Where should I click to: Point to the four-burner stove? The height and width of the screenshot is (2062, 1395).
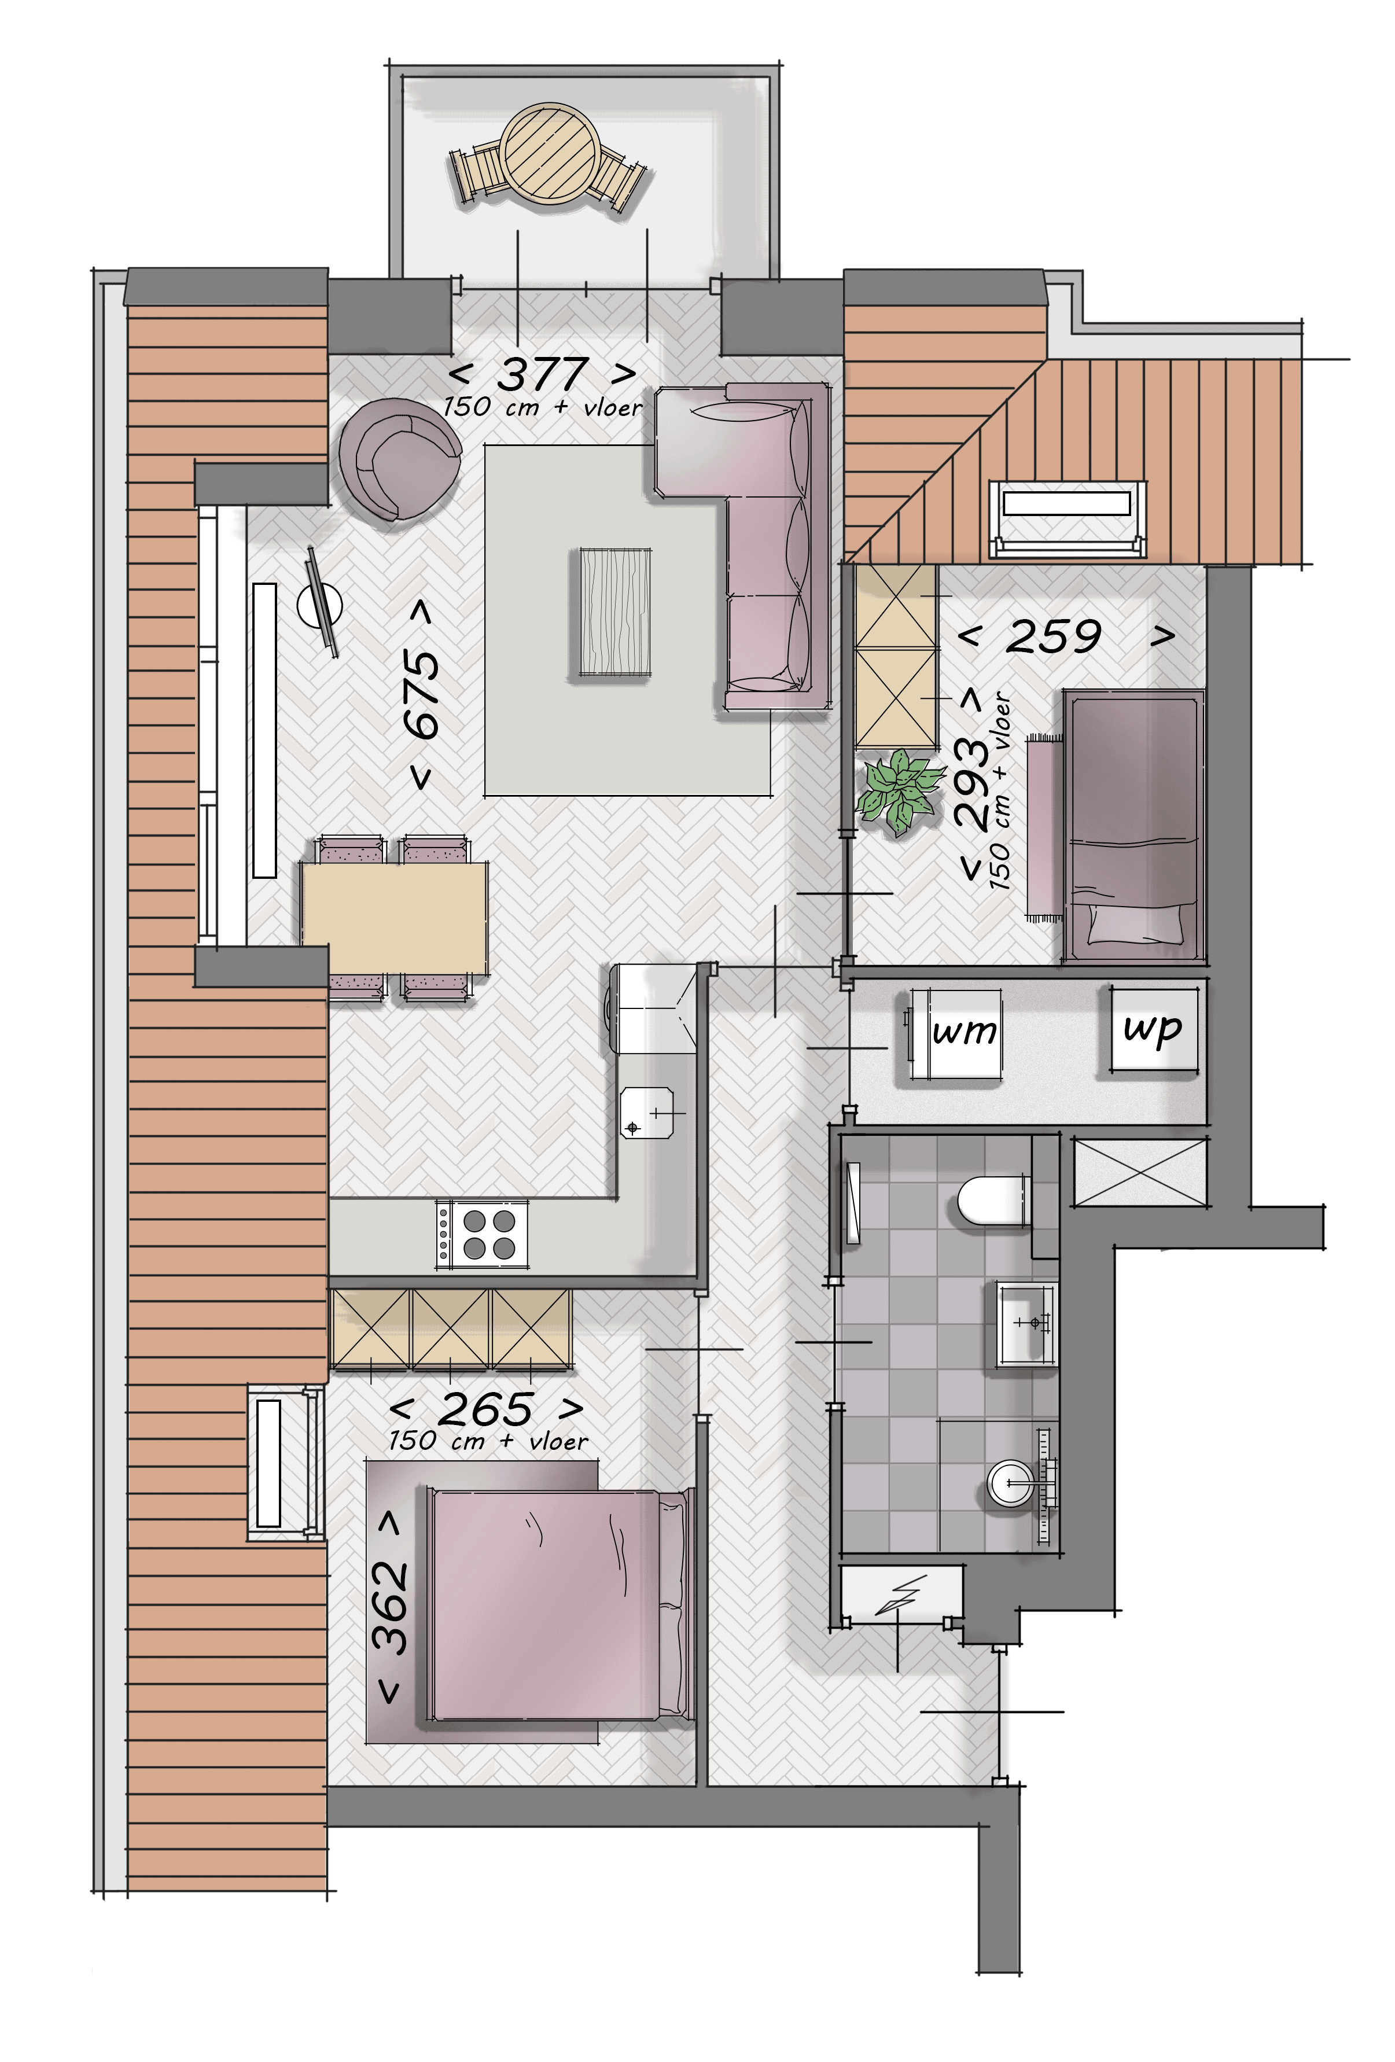click(482, 1233)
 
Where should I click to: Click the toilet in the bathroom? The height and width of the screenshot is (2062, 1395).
click(994, 1201)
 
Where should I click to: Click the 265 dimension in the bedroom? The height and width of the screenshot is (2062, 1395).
click(486, 1408)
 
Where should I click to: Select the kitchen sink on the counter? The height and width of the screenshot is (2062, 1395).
click(647, 1113)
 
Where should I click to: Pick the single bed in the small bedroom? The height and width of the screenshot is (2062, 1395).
click(1133, 825)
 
